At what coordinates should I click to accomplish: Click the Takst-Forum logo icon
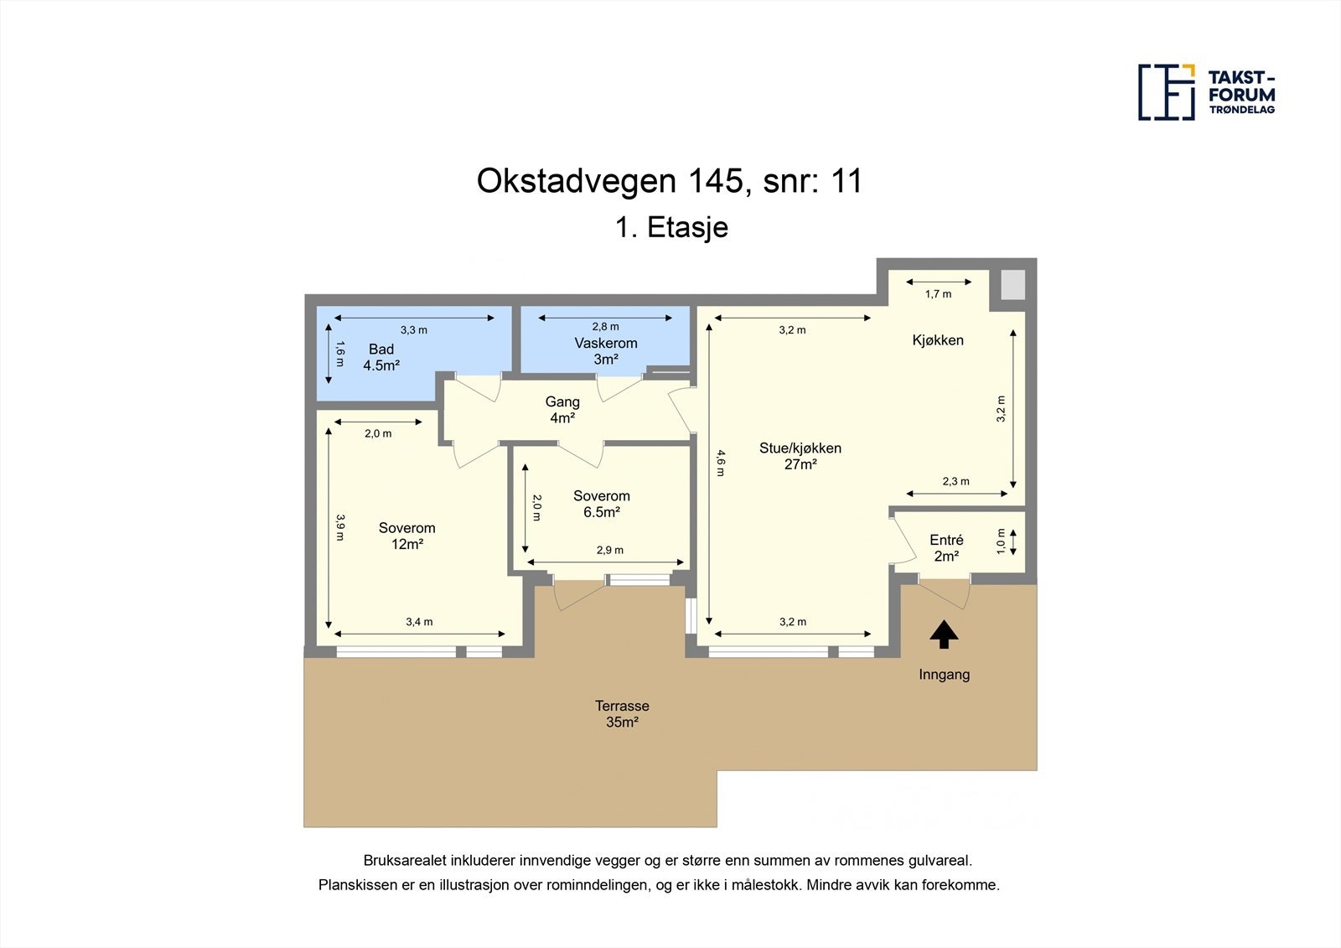click(x=1166, y=92)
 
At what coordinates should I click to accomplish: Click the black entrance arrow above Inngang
click(x=944, y=635)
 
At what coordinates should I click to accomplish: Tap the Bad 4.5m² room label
click(x=381, y=357)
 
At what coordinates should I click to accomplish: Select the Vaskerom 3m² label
click(x=605, y=351)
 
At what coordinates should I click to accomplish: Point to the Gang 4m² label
click(x=562, y=410)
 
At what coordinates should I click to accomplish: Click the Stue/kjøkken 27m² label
click(x=800, y=456)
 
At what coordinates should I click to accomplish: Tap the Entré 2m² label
click(x=946, y=548)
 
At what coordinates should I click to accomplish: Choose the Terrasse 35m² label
click(x=622, y=714)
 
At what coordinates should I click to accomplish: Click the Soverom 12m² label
click(x=406, y=536)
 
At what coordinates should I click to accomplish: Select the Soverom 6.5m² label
click(x=601, y=504)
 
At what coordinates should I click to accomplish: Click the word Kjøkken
click(x=938, y=340)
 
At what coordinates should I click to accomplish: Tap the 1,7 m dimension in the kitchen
click(x=938, y=294)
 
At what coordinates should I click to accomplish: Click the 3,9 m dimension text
click(x=339, y=527)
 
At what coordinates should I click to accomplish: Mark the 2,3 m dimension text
click(x=955, y=481)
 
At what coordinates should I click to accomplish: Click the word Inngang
click(x=944, y=675)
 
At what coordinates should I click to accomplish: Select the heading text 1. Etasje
click(x=671, y=227)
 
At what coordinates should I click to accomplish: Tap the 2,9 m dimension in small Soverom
click(x=609, y=551)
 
